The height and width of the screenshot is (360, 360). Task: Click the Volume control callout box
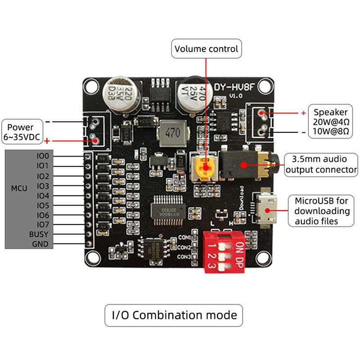pos(207,49)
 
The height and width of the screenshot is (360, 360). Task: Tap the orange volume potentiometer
pos(205,168)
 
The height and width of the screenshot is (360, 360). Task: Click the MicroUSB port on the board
pos(267,209)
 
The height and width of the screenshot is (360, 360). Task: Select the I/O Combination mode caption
pos(174,315)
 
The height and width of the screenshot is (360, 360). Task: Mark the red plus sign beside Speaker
pos(303,112)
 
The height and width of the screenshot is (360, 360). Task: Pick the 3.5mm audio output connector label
pos(321,165)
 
